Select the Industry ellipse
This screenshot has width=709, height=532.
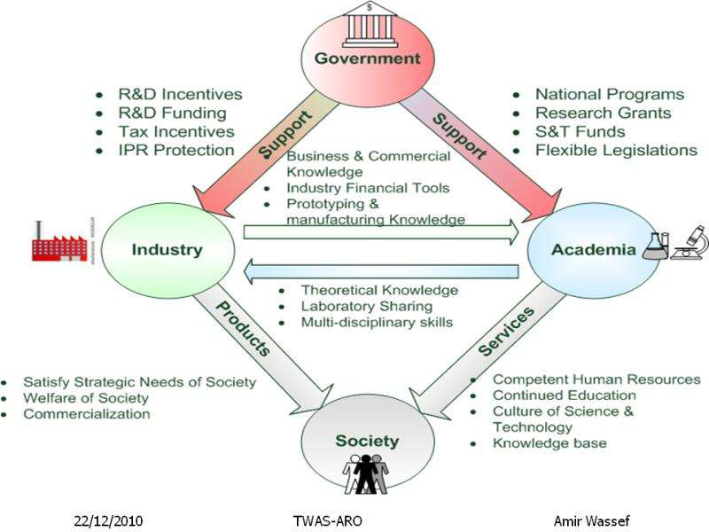[x=168, y=249]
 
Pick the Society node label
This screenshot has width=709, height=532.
[x=367, y=441]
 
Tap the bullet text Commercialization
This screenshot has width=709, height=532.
[x=87, y=413]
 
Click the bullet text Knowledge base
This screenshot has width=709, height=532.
[x=549, y=442]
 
